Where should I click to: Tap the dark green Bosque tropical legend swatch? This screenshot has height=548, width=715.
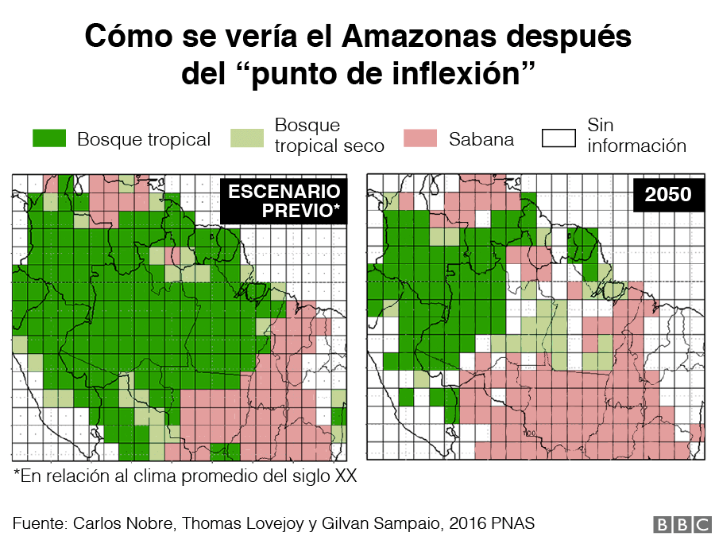[x=49, y=139]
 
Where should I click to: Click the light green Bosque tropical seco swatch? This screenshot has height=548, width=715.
[x=246, y=139]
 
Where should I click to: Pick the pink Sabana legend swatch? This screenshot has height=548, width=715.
[x=419, y=139]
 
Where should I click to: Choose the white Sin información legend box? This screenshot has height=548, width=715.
[x=558, y=139]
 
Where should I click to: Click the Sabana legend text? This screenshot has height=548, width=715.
[x=481, y=140]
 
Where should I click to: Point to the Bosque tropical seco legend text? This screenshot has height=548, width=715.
[x=328, y=136]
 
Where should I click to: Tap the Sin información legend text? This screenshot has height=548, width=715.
[x=636, y=136]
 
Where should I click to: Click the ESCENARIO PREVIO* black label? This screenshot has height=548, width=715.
[x=284, y=201]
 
